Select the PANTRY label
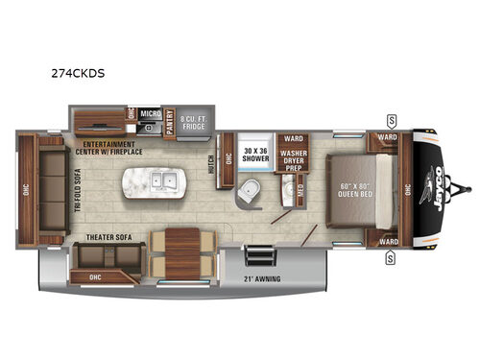[x=169, y=124]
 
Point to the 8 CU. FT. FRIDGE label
[x=196, y=123]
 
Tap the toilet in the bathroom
[x=248, y=188]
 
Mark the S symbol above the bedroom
[x=392, y=119]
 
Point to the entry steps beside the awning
[x=255, y=257]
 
